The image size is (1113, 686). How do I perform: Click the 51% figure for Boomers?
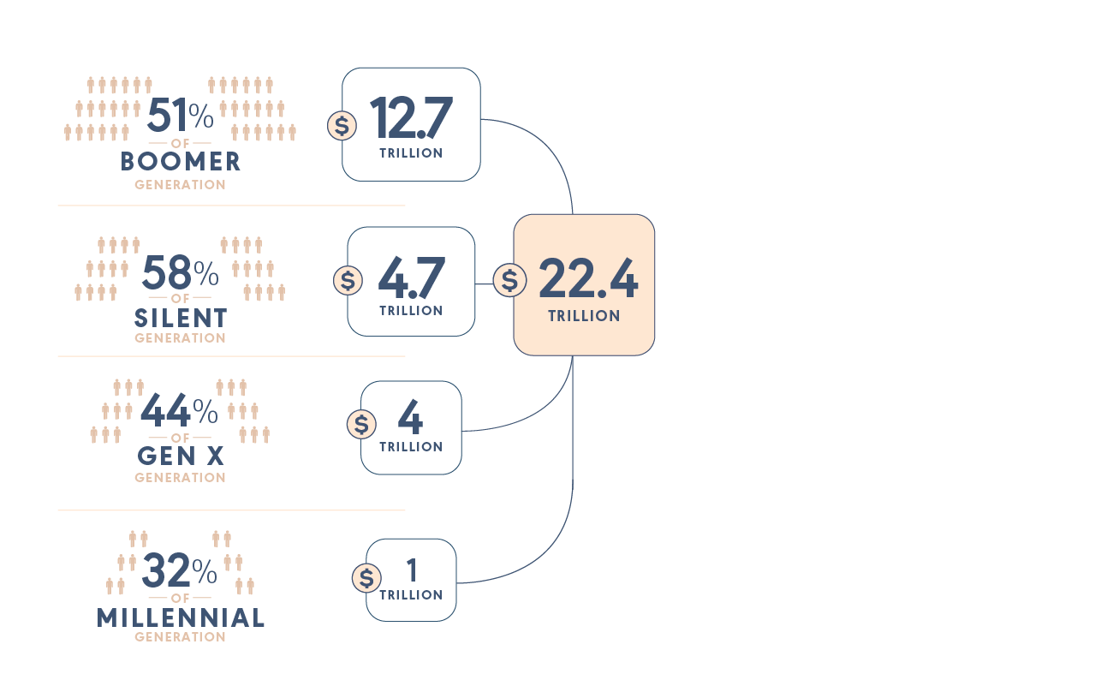pyautogui.click(x=180, y=116)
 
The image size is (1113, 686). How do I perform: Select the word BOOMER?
pyautogui.click(x=181, y=162)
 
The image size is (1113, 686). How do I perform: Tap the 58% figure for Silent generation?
pyautogui.click(x=180, y=273)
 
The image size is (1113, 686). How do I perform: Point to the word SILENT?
pyautogui.click(x=181, y=319)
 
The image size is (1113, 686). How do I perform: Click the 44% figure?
pyautogui.click(x=180, y=412)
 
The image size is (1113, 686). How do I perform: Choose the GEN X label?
pyautogui.click(x=181, y=456)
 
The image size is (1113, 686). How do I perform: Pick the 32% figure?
pyautogui.click(x=180, y=570)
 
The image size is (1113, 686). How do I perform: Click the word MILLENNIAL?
pyautogui.click(x=181, y=617)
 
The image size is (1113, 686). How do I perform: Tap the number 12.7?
pyautogui.click(x=411, y=119)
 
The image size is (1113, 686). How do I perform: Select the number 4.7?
pyautogui.click(x=411, y=278)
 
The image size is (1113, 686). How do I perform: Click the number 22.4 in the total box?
pyautogui.click(x=588, y=280)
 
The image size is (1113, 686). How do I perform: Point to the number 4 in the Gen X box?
pyautogui.click(x=411, y=419)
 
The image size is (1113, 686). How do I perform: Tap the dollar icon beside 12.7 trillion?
pyautogui.click(x=342, y=126)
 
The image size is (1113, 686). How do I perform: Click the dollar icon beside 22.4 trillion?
pyautogui.click(x=509, y=280)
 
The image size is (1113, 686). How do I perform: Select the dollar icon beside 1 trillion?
pyautogui.click(x=366, y=578)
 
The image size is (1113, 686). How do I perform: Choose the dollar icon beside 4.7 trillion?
pyautogui.click(x=348, y=280)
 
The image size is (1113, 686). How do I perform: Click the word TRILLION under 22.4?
pyautogui.click(x=584, y=316)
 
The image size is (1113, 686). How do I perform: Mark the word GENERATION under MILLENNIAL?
pyautogui.click(x=181, y=637)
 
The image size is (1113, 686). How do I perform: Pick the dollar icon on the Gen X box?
pyautogui.click(x=361, y=424)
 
